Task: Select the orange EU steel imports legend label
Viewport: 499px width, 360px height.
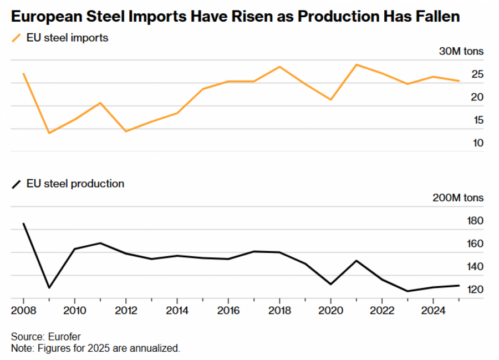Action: (67, 38)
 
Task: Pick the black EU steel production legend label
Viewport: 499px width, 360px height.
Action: (75, 184)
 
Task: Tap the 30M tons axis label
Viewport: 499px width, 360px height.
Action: (461, 51)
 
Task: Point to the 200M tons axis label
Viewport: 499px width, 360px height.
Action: (459, 197)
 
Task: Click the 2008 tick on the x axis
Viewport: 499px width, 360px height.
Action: (23, 309)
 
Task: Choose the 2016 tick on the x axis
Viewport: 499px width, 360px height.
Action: (228, 309)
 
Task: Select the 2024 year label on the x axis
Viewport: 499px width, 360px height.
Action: (432, 309)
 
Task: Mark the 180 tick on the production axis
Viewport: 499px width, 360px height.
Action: (476, 221)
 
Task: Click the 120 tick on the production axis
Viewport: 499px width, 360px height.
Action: (476, 290)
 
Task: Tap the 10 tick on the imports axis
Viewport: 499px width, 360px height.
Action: (478, 143)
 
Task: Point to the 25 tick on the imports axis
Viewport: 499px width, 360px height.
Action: (478, 74)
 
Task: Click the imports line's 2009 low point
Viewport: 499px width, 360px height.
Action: (49, 133)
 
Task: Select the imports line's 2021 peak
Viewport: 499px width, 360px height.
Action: (356, 64)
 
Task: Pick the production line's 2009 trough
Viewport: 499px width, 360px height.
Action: (49, 288)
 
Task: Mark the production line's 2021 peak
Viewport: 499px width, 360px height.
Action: (356, 260)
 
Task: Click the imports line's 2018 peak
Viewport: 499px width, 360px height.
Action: (279, 67)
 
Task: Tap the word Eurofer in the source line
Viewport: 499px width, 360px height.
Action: (64, 337)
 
